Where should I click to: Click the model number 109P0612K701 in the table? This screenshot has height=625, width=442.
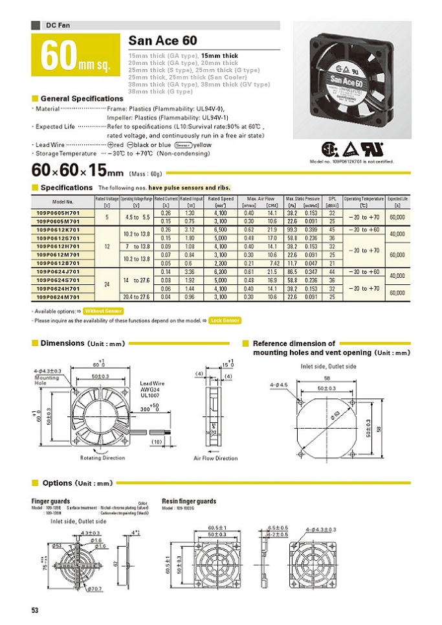62,229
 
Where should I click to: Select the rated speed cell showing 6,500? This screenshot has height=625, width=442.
220,229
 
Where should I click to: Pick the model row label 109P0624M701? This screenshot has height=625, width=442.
62,297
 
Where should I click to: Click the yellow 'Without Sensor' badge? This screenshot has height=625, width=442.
104,311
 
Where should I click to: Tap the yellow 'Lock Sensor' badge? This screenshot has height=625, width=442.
225,320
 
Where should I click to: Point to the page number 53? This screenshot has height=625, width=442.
36,610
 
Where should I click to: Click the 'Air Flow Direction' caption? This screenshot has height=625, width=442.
215,458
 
